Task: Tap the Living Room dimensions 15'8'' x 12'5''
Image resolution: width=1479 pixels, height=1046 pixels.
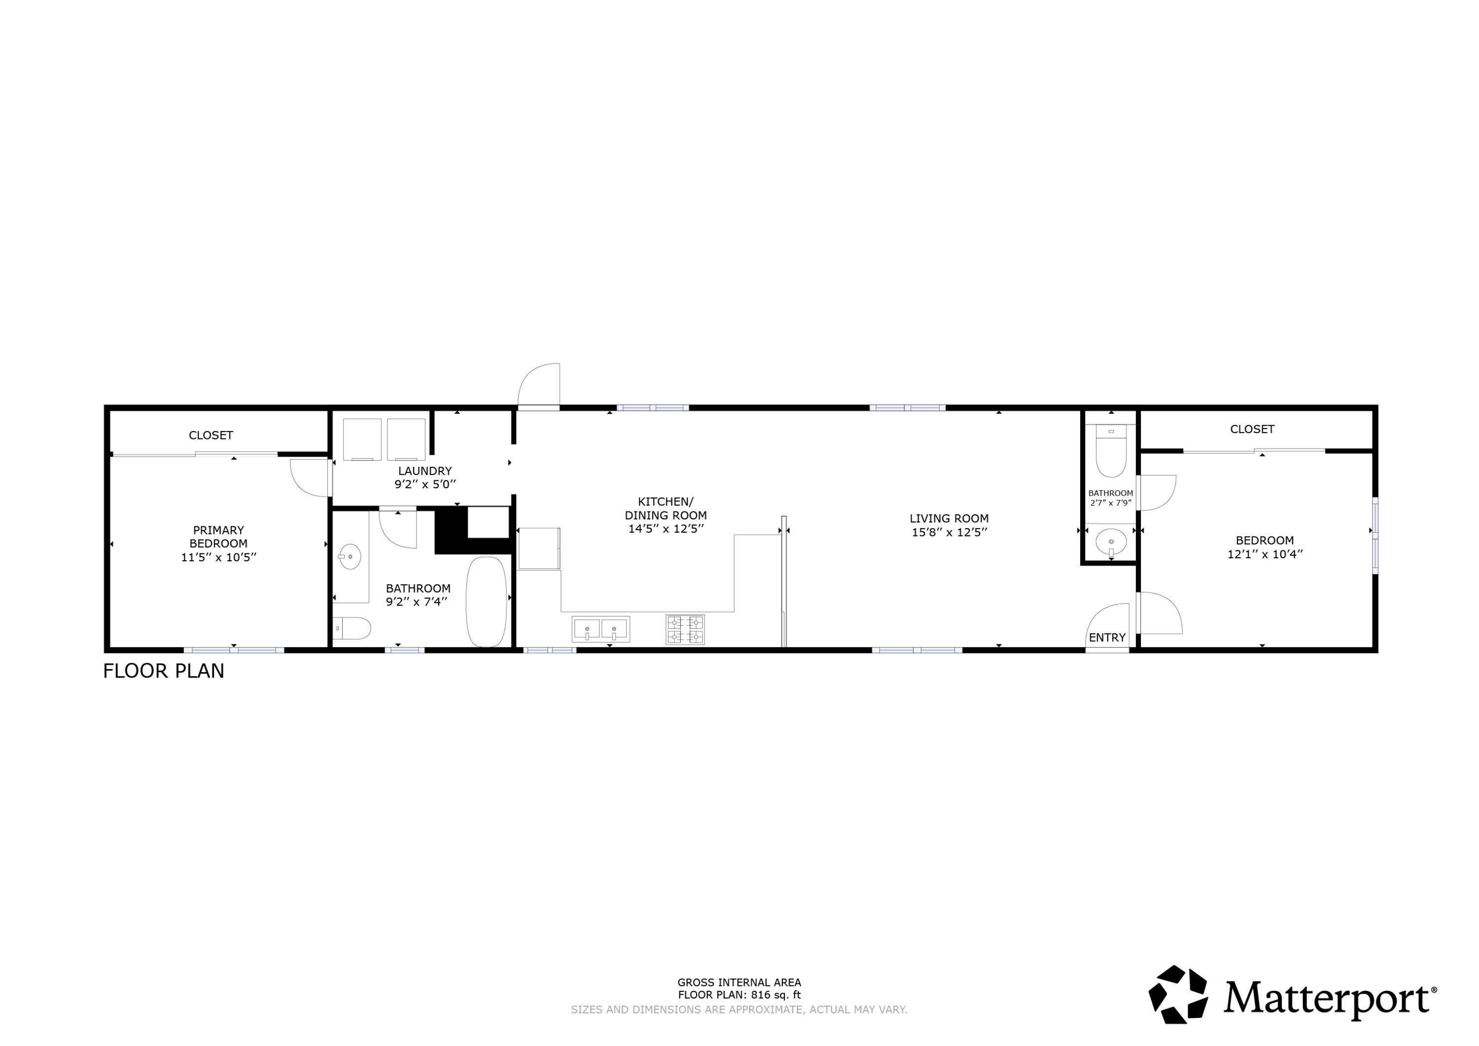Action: click(x=949, y=532)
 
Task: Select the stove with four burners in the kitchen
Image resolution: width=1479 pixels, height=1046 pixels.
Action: click(x=685, y=630)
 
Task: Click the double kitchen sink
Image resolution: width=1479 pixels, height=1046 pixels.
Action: click(x=600, y=629)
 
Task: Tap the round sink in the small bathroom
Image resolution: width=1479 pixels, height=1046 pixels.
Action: click(x=1111, y=540)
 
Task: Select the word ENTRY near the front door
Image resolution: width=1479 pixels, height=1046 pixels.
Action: click(x=1107, y=637)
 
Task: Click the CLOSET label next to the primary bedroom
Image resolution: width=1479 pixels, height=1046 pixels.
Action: click(x=211, y=435)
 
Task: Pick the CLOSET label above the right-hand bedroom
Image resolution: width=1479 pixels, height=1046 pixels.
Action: click(x=1252, y=429)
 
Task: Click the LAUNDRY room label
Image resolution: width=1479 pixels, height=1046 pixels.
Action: click(x=424, y=471)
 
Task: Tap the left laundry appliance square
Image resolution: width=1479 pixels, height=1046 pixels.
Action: click(x=362, y=439)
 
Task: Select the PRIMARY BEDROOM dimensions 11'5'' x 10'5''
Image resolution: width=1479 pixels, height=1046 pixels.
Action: click(x=218, y=557)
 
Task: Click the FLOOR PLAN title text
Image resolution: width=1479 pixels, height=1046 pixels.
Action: click(x=164, y=671)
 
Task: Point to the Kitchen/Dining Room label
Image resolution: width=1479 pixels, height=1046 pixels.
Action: click(x=666, y=508)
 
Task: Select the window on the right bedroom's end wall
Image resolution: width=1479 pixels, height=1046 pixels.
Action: click(x=1374, y=534)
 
